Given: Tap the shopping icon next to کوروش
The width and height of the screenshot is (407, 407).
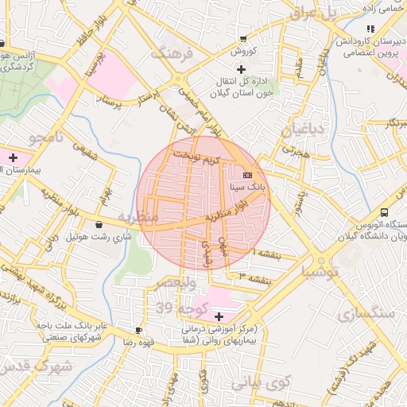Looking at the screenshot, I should click(x=243, y=39).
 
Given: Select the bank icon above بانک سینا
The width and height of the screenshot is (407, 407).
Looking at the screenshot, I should click(x=247, y=174).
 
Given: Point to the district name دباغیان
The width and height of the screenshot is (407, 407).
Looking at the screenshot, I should click(x=302, y=127).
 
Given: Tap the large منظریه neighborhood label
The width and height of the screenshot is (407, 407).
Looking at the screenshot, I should click(x=139, y=216).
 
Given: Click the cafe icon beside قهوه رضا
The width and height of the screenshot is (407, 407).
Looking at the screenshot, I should click(x=140, y=330).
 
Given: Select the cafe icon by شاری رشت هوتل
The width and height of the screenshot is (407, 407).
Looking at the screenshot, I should click(x=99, y=225).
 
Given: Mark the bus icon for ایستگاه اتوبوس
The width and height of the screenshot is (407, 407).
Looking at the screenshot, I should click(x=384, y=213).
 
